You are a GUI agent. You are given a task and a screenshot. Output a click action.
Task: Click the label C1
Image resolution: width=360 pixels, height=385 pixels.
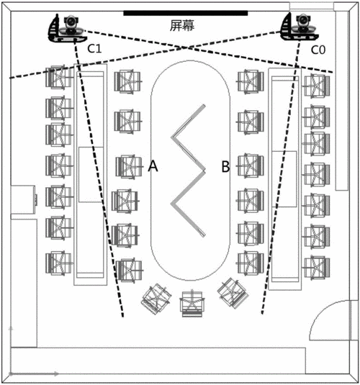[94, 49]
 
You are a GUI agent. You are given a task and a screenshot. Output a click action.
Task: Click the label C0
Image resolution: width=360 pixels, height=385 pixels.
[318, 50]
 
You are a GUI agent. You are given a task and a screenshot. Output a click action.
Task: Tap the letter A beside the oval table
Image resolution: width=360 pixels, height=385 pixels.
[153, 166]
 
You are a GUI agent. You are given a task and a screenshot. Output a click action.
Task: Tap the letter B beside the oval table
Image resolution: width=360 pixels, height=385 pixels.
[225, 166]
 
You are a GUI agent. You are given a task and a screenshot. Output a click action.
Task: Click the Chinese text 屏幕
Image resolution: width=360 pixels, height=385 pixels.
[182, 25]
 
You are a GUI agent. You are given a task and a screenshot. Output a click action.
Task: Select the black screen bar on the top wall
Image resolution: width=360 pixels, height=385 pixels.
[186, 13]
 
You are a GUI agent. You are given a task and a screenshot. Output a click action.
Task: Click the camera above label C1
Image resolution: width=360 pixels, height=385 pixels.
[71, 24]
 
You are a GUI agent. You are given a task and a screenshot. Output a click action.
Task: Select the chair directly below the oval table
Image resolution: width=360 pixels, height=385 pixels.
[192, 304]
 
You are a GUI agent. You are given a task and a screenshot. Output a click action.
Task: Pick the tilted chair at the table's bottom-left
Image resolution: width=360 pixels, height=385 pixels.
[156, 299]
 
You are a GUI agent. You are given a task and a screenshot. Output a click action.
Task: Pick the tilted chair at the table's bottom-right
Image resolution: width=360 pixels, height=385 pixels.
[233, 293]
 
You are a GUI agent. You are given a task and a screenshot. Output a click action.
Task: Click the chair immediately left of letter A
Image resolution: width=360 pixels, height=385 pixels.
[129, 166]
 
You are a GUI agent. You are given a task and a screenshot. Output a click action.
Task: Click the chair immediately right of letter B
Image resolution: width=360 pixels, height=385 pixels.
[251, 166]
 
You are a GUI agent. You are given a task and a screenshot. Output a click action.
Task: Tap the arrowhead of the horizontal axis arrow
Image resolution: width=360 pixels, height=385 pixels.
[57, 374]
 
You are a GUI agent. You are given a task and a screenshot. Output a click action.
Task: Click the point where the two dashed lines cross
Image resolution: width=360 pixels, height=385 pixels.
[188, 48]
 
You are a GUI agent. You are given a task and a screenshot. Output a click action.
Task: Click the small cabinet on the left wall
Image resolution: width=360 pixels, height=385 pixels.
[23, 199]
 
